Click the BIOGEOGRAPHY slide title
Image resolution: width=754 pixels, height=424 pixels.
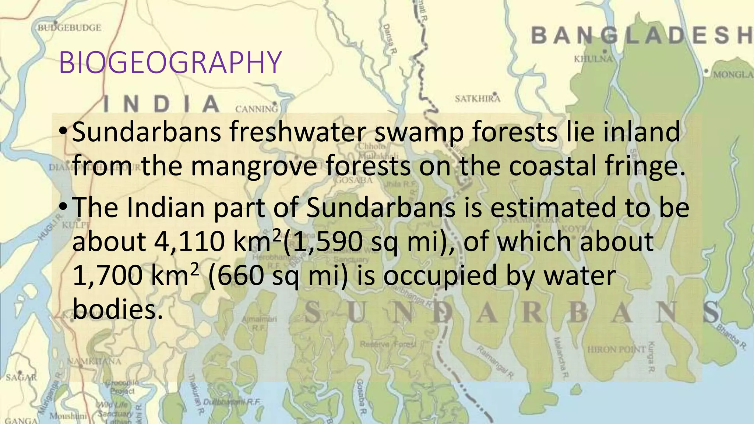click(170, 63)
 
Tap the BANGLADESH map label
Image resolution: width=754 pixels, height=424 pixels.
click(642, 36)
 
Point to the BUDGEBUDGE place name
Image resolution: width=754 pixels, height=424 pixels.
click(70, 28)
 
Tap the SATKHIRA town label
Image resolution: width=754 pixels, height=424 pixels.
click(478, 99)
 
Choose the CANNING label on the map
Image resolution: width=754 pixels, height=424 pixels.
click(256, 109)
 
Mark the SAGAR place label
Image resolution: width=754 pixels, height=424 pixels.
click(21, 377)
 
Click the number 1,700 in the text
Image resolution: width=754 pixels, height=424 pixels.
click(107, 276)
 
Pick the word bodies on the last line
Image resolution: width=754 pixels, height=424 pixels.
click(117, 309)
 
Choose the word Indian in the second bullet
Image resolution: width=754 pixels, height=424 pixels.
click(165, 208)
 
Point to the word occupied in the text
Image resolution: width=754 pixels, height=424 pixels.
click(440, 276)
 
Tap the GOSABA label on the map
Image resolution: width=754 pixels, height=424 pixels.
click(353, 180)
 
